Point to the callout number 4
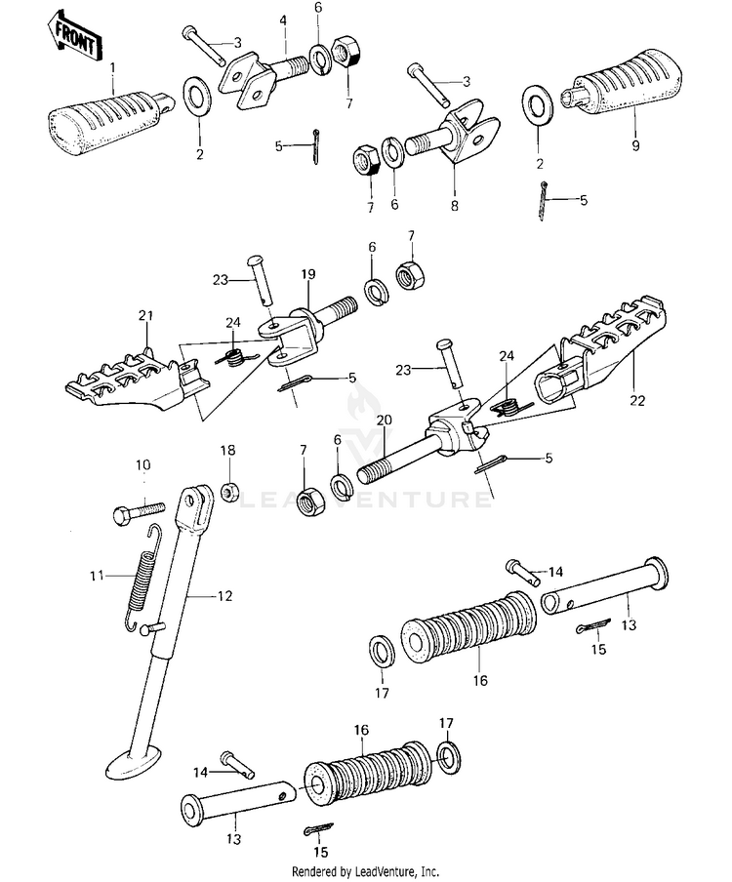pyautogui.click(x=283, y=20)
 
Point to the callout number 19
pyautogui.click(x=308, y=275)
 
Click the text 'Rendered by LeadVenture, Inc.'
pyautogui.click(x=365, y=871)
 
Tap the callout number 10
pyautogui.click(x=143, y=464)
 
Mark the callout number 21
pyautogui.click(x=147, y=315)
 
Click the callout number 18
pyautogui.click(x=227, y=450)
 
